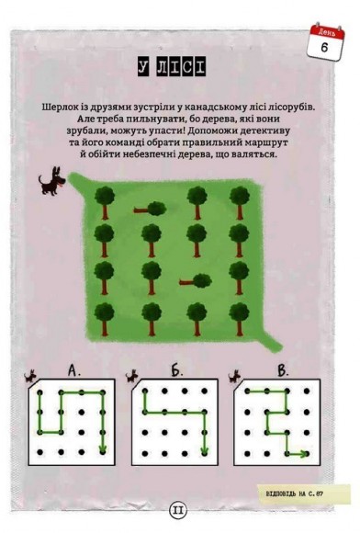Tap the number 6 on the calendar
(x=325, y=46)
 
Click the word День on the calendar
(x=325, y=31)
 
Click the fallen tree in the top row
(x=146, y=210)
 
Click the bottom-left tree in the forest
(x=104, y=317)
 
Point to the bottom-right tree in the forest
(x=240, y=317)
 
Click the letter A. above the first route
(x=76, y=371)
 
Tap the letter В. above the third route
(x=282, y=371)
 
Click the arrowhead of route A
(x=103, y=448)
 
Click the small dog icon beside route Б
(x=136, y=377)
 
